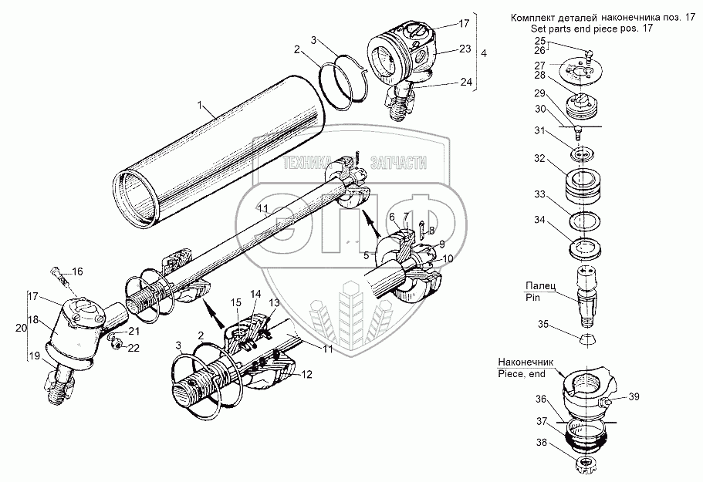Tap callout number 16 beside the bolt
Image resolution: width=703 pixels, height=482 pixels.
click(x=78, y=272)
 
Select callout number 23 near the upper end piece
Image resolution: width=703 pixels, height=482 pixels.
click(x=465, y=48)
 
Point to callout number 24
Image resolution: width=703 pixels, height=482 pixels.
click(x=466, y=82)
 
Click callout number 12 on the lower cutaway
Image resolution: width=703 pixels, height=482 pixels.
click(x=307, y=375)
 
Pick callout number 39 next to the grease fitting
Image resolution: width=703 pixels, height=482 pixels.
click(x=634, y=397)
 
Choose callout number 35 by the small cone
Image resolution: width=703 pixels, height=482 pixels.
click(x=543, y=324)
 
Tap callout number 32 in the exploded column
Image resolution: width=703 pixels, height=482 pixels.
click(x=539, y=158)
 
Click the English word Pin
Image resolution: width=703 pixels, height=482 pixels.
click(x=532, y=298)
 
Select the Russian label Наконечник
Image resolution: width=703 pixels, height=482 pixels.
click(x=526, y=362)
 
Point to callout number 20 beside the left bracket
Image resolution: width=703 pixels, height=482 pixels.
click(x=21, y=328)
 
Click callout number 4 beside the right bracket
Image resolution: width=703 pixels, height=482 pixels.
click(x=483, y=53)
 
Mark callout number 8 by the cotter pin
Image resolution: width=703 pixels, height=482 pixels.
click(x=431, y=231)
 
